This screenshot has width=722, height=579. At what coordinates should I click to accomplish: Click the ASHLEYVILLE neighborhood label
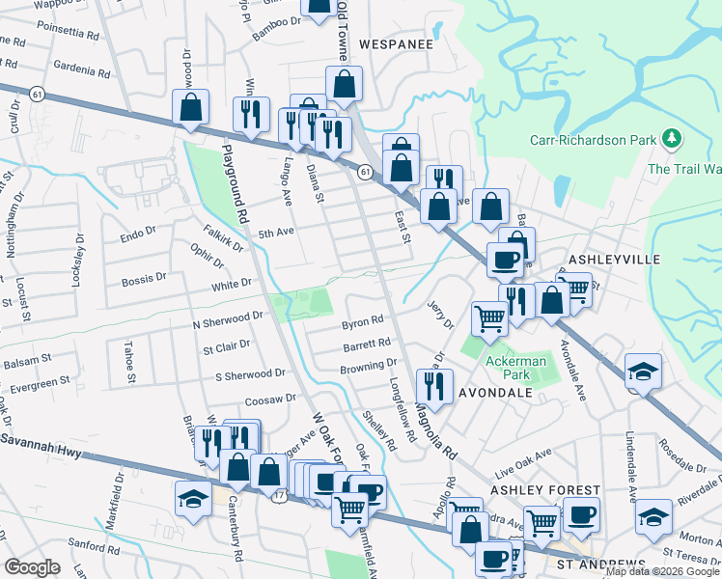(x=615, y=261)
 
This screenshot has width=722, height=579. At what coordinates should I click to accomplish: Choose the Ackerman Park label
(x=515, y=361)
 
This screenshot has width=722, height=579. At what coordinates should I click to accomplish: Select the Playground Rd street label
(x=236, y=182)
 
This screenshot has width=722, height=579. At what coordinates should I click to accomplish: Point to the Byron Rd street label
(x=363, y=320)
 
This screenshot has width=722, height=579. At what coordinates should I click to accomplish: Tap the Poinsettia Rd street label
(x=69, y=34)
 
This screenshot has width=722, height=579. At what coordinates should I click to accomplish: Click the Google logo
(x=32, y=567)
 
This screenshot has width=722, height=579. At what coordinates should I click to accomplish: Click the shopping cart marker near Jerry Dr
(x=489, y=317)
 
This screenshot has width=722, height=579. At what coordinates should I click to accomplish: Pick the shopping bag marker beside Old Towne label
(x=344, y=83)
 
